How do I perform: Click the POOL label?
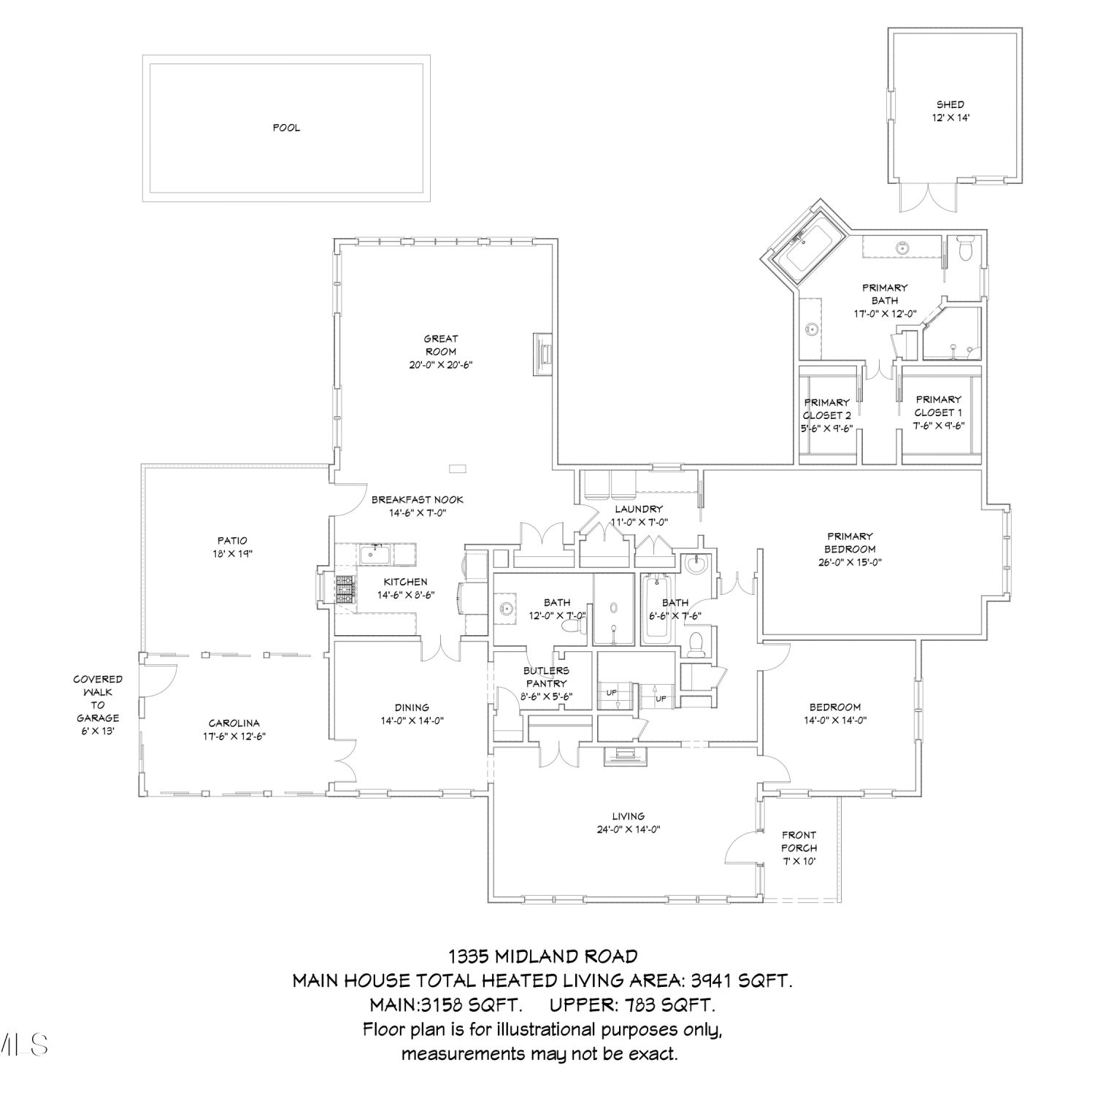tap(286, 128)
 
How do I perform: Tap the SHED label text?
tap(950, 104)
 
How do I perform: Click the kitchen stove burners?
tap(345, 590)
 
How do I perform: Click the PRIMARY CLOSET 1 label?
tap(938, 406)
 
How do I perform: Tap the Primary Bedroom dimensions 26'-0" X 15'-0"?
tap(850, 563)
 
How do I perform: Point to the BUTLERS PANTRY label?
tap(546, 677)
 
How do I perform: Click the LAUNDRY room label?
tap(639, 509)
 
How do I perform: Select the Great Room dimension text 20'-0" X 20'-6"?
tap(441, 364)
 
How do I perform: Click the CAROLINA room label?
tap(234, 723)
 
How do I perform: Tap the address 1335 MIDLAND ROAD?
tap(543, 956)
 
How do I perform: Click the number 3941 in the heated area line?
tap(710, 980)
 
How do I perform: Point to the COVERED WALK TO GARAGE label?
tap(98, 699)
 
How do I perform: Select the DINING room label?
tap(412, 707)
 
